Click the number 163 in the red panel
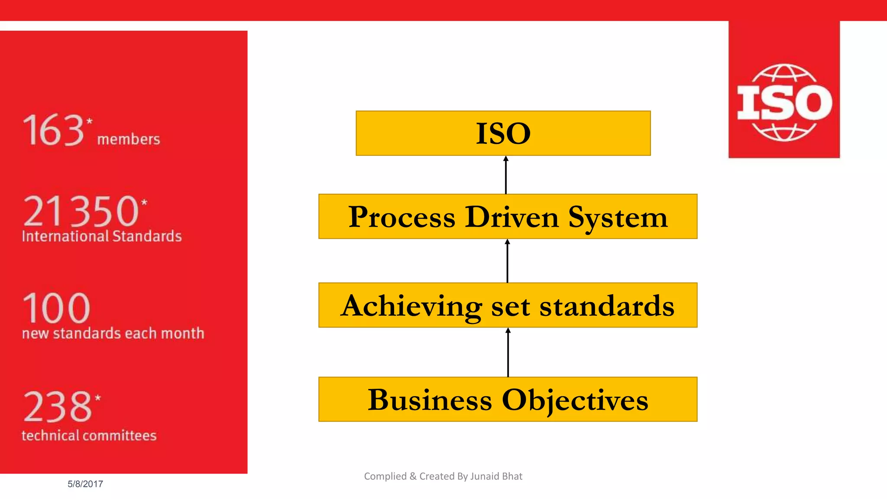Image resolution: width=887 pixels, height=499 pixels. (53, 130)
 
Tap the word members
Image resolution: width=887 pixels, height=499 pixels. (129, 139)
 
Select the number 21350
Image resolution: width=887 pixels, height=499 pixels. (81, 211)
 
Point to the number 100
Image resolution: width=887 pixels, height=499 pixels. (56, 308)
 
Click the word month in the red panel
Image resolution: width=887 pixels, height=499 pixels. (182, 334)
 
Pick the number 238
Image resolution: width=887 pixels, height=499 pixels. (58, 407)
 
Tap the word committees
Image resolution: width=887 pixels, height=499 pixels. (122, 436)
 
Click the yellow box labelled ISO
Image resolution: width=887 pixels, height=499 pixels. (503, 133)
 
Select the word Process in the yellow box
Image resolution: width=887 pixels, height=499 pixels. (401, 217)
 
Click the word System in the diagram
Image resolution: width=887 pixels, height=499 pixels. (618, 217)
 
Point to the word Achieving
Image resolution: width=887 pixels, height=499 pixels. (411, 306)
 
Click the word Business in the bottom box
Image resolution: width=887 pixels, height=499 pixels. (430, 400)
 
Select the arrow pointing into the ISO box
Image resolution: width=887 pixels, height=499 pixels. (505, 175)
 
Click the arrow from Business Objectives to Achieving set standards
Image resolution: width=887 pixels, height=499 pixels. (508, 352)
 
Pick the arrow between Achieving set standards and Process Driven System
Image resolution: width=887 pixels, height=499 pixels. (507, 261)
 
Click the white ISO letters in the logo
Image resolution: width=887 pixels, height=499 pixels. (784, 103)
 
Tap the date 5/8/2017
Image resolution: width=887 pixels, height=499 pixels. (85, 484)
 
